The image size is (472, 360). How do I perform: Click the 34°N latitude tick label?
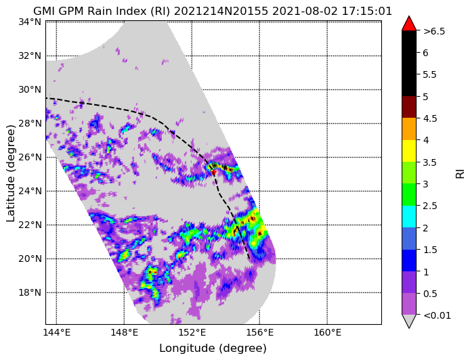click(x=30, y=22)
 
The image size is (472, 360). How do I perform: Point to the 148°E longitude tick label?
click(x=125, y=333)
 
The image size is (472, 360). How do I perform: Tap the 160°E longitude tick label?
click(x=328, y=333)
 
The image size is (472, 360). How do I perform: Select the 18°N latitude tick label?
click(x=30, y=292)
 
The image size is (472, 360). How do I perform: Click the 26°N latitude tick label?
click(x=30, y=157)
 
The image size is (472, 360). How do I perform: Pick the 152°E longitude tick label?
click(x=192, y=333)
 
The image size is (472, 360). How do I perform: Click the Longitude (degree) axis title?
click(x=213, y=348)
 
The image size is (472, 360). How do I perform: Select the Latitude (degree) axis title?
click(x=11, y=173)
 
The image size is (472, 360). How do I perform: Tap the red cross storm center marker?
click(x=213, y=173)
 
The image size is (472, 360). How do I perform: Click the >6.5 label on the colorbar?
click(x=434, y=31)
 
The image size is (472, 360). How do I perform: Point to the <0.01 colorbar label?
click(x=437, y=315)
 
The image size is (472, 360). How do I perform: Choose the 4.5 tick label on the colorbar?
click(x=430, y=118)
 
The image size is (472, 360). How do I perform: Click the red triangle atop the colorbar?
click(x=409, y=24)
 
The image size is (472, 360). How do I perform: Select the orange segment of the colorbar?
click(x=409, y=129)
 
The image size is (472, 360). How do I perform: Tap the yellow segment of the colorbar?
click(x=409, y=151)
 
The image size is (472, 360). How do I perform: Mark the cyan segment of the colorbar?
click(x=409, y=217)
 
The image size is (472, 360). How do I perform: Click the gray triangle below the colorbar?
click(x=409, y=321)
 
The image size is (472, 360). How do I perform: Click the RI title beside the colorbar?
click(x=460, y=173)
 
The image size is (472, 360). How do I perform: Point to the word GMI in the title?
click(x=43, y=11)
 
